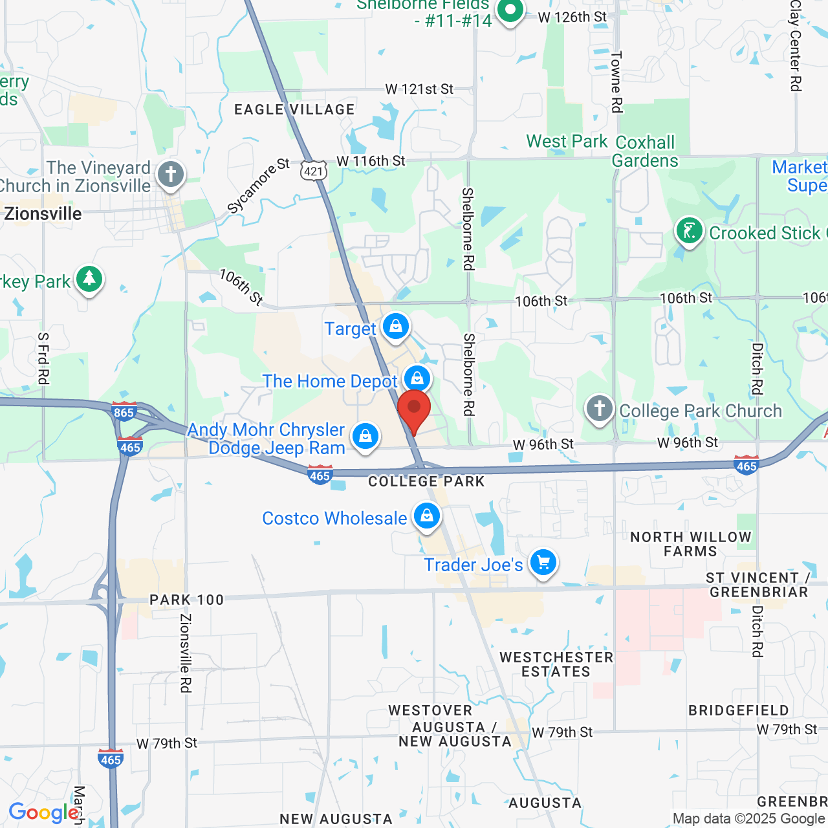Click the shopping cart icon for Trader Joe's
[543, 563]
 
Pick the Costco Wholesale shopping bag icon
[427, 516]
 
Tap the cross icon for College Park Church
[600, 409]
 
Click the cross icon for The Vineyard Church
[171, 174]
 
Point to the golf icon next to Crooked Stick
[690, 231]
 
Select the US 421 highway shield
[314, 171]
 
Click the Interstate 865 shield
[124, 412]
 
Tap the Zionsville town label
[43, 214]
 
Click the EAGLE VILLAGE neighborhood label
[294, 110]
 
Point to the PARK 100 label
[186, 600]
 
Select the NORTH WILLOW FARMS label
[691, 544]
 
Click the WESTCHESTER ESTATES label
[556, 664]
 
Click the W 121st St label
[419, 89]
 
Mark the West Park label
[567, 142]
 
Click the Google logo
[44, 812]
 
